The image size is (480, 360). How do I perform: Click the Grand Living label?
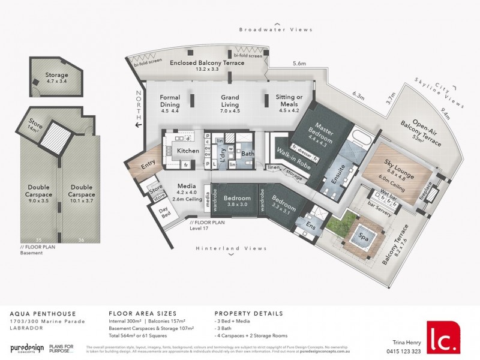(230, 101)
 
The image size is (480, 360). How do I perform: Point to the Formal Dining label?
(170, 101)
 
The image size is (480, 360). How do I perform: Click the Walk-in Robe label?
(290, 155)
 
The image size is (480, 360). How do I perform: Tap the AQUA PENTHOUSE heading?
(37, 313)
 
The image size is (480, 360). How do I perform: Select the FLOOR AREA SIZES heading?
(142, 313)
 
